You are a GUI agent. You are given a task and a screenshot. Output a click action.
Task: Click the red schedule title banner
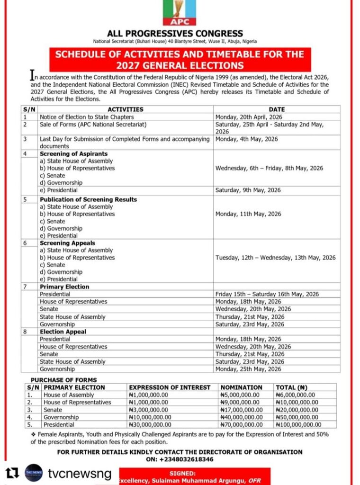click(180, 60)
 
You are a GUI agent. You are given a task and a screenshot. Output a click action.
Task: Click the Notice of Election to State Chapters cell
click(87, 117)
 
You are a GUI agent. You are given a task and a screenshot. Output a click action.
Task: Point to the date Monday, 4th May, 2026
click(246, 139)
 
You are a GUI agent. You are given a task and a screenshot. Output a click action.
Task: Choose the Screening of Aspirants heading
click(73, 154)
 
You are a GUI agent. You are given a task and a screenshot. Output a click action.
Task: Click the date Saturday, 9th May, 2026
click(248, 190)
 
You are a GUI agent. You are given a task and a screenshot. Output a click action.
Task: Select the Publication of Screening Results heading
click(88, 199)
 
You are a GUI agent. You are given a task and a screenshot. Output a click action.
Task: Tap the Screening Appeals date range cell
click(275, 258)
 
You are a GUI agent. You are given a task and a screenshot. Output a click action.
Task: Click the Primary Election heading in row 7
click(64, 287)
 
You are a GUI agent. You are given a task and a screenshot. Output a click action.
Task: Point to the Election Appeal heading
click(63, 332)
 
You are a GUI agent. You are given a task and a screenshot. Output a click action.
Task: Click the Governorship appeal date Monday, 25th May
click(248, 369)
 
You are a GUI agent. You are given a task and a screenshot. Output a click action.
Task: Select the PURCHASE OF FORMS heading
click(63, 380)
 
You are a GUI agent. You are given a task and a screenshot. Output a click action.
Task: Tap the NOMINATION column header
click(241, 387)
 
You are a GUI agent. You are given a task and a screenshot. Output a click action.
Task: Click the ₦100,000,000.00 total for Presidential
click(298, 425)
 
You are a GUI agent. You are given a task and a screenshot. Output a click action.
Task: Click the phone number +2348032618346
click(180, 459)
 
